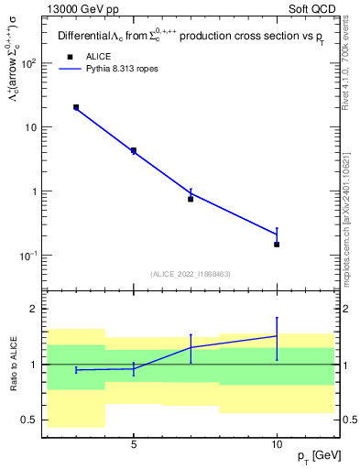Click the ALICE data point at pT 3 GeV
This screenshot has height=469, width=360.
pos(76,107)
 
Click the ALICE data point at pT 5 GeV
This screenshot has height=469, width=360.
pos(133,150)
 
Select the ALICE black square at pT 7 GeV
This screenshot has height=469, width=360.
pos(191,199)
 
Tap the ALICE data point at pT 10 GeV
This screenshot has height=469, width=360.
pos(277,245)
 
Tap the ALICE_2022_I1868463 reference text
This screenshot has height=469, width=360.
pos(190,274)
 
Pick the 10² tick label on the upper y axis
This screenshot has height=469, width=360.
pos(27,64)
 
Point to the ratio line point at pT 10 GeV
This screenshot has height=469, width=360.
pos(277,336)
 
